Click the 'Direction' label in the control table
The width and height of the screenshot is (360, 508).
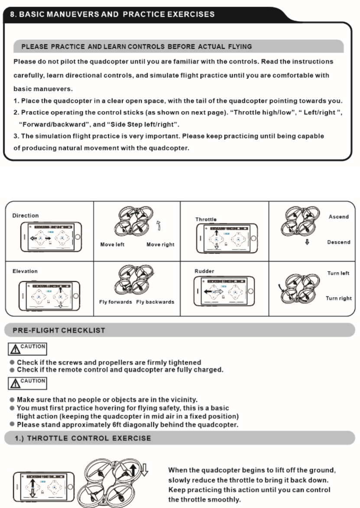click(x=25, y=215)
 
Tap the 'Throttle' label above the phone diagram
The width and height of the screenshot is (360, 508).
click(x=206, y=219)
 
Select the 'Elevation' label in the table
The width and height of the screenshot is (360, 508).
click(x=25, y=271)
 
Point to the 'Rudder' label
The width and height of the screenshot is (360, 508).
click(x=204, y=271)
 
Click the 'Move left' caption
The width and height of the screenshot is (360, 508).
click(x=112, y=244)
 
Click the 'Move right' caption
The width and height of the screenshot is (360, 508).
click(x=160, y=244)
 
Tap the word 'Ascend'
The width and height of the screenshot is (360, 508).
click(x=339, y=217)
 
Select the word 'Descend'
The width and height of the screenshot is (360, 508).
click(x=339, y=242)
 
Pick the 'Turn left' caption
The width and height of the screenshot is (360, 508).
click(x=338, y=274)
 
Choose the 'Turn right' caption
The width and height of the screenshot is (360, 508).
click(x=339, y=298)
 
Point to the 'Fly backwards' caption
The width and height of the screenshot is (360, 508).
click(x=155, y=302)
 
